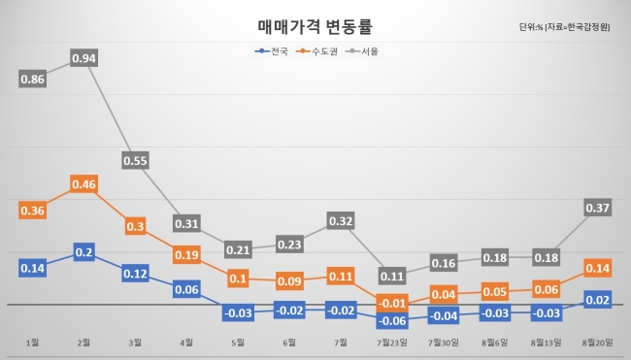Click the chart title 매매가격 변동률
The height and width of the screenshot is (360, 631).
(x=315, y=26)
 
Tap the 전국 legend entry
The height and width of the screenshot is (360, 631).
(x=272, y=51)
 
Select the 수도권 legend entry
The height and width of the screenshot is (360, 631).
(x=316, y=51)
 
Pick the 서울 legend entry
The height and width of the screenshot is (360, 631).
(x=362, y=51)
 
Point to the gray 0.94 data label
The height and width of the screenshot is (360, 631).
(x=83, y=58)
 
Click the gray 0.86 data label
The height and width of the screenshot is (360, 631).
(x=33, y=79)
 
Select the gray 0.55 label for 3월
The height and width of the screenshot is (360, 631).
(x=135, y=160)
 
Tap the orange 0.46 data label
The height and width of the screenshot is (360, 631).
(x=83, y=184)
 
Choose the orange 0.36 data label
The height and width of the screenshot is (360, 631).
(x=33, y=211)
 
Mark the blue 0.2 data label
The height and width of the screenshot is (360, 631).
(x=84, y=252)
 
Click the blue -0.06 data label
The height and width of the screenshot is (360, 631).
(x=392, y=320)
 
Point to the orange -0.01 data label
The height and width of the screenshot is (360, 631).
(x=392, y=303)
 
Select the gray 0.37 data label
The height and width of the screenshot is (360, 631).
(x=598, y=208)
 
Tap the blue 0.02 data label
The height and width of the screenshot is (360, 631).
(x=598, y=300)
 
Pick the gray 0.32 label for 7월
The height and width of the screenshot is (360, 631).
(x=341, y=221)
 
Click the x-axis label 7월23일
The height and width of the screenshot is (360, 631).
(x=392, y=343)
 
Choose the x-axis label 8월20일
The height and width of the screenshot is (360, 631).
(x=598, y=343)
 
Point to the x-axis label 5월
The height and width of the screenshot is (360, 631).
(x=238, y=343)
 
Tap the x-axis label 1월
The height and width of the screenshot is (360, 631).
(x=33, y=343)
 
